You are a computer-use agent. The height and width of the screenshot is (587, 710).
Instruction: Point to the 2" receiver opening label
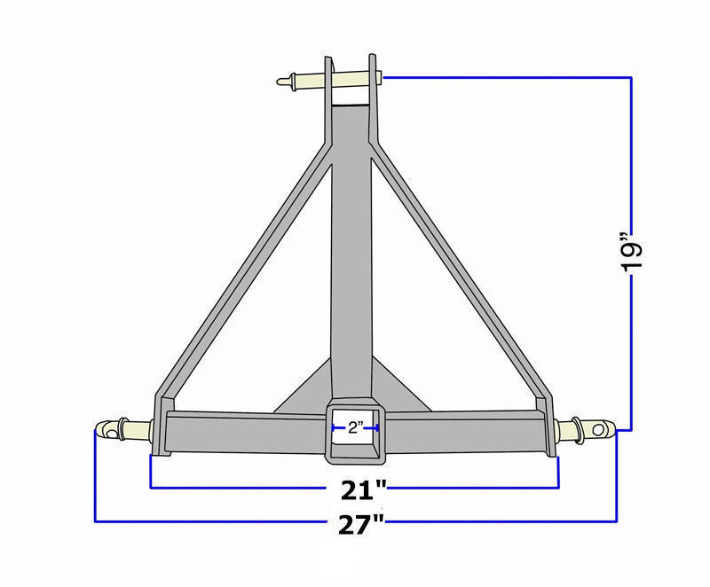355,428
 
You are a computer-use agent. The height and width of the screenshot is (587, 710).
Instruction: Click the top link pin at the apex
302,82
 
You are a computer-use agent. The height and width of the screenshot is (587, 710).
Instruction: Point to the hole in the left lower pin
107,432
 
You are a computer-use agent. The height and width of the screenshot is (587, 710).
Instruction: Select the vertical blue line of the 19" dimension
631,160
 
